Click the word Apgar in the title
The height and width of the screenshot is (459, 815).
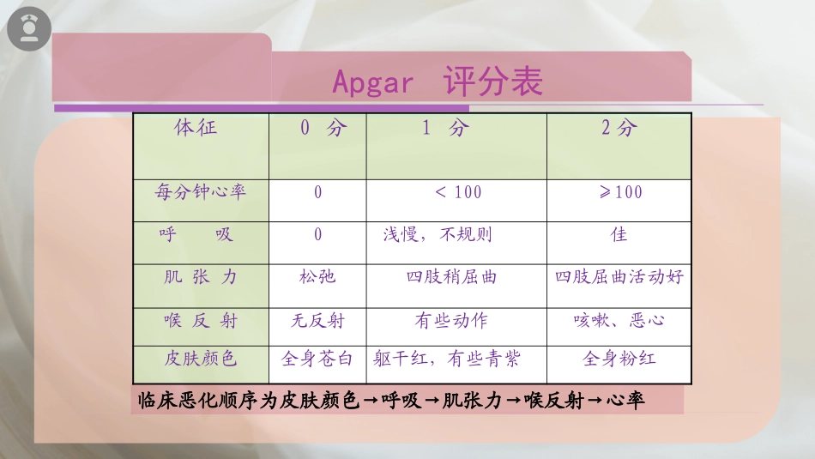(372, 84)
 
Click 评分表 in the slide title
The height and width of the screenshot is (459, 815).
(493, 82)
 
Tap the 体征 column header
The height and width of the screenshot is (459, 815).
(196, 129)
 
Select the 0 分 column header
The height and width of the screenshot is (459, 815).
(323, 129)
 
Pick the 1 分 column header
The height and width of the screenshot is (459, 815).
(446, 129)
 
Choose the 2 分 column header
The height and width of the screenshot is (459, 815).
(619, 129)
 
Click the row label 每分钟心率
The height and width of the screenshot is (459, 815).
(200, 191)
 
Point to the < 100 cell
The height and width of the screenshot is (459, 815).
(458, 192)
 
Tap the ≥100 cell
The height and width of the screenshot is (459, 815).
(619, 192)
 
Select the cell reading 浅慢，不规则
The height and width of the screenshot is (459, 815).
(438, 234)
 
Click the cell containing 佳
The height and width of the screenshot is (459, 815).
(619, 234)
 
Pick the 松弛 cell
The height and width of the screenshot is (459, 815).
(317, 277)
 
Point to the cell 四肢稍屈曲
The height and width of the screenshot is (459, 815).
(451, 277)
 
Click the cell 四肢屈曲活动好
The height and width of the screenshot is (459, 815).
(619, 277)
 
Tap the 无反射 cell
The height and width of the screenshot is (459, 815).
(317, 321)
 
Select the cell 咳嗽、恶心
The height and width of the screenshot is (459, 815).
(619, 321)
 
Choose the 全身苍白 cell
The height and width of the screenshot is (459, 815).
(317, 359)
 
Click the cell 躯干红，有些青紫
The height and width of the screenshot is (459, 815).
(446, 359)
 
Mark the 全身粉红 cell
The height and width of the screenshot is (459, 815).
(619, 359)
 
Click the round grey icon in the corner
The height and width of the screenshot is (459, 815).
(29, 30)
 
